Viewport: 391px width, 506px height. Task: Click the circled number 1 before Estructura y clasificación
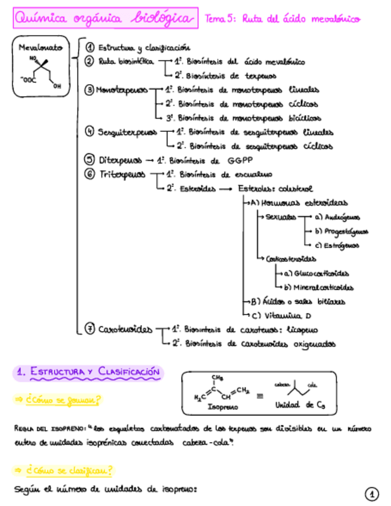point(91,47)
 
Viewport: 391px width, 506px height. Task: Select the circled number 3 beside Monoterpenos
point(89,90)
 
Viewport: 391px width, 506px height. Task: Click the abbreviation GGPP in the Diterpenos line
point(240,161)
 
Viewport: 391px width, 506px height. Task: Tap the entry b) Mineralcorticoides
point(319,287)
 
